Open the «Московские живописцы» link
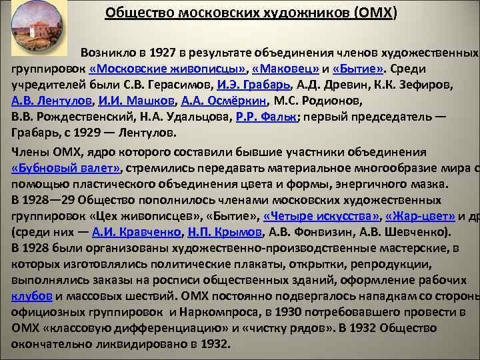(167, 69)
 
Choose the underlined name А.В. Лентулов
(51, 101)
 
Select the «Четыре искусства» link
(321, 215)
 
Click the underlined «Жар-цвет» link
(420, 215)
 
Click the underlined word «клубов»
(30, 296)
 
